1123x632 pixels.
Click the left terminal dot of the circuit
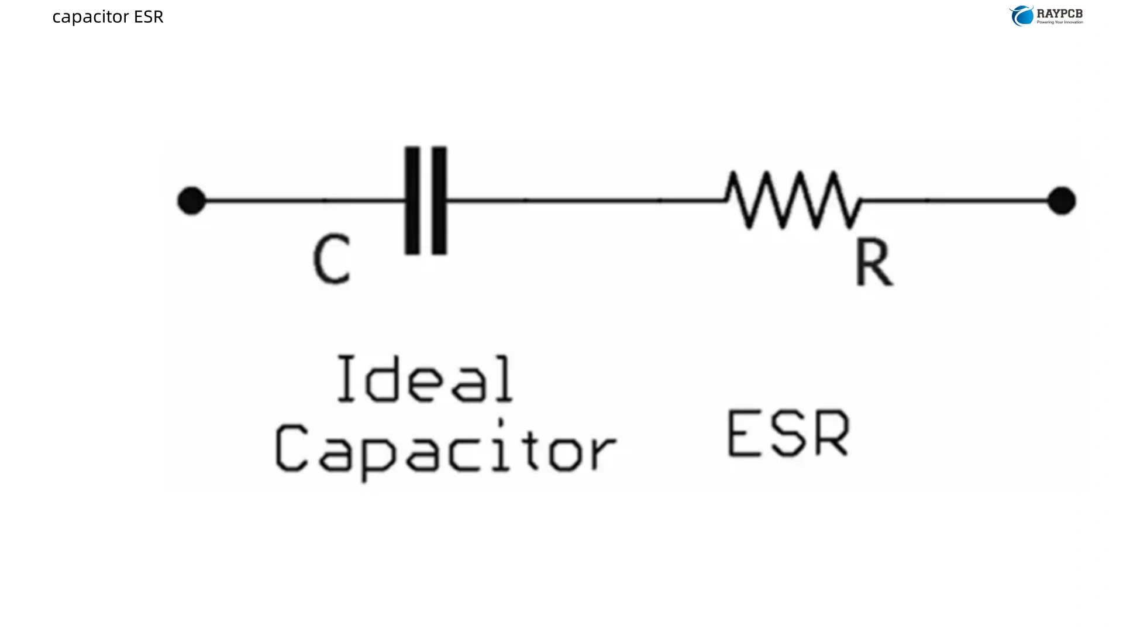click(x=191, y=201)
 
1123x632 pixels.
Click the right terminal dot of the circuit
click(x=1061, y=201)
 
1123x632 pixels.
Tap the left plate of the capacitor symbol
click(x=412, y=200)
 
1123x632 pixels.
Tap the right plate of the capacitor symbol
click(x=440, y=200)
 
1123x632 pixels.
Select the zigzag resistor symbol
click(x=793, y=200)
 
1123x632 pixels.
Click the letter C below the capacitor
click(x=332, y=259)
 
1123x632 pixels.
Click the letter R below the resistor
click(x=874, y=263)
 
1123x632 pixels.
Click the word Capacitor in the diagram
click(x=446, y=449)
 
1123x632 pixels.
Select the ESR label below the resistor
click(x=788, y=434)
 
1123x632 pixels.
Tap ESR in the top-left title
click(x=149, y=17)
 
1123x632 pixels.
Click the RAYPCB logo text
click(x=1059, y=13)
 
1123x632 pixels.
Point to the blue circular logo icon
click(x=1022, y=16)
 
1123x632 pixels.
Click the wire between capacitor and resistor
click(x=585, y=200)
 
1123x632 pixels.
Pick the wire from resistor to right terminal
click(x=953, y=200)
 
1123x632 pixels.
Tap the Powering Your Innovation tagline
click(x=1060, y=22)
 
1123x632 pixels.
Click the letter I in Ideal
click(x=346, y=379)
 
